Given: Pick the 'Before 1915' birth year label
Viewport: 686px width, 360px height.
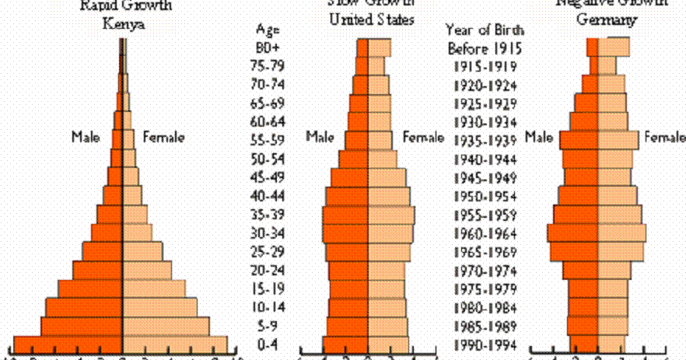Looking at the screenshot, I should coord(484,47).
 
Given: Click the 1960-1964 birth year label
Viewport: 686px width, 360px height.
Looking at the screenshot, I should coord(484,233).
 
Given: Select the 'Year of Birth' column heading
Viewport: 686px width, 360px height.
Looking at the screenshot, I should coord(484,30).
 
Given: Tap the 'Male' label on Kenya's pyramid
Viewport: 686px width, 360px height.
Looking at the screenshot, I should coord(87,138).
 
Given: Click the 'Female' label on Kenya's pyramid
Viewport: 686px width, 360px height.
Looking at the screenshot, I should coord(164,138).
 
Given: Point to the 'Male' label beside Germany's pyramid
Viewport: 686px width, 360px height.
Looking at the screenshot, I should coord(539,138).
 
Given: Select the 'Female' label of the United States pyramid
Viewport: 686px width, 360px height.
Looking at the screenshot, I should coord(423,138).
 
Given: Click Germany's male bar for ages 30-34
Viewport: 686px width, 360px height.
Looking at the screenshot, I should coord(573,233).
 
